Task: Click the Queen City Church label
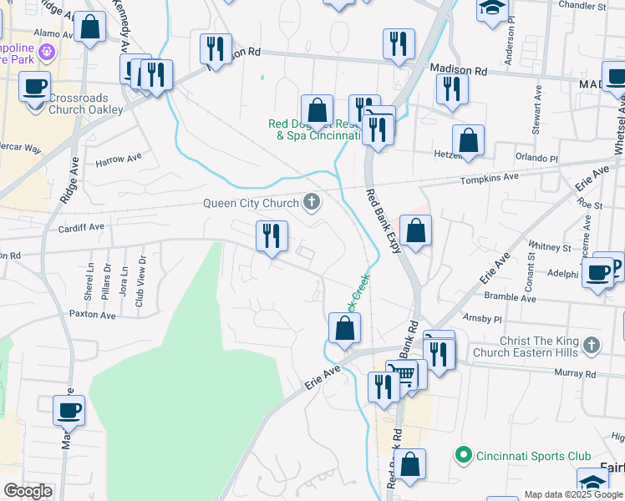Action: [252, 203]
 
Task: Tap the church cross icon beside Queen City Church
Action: [312, 201]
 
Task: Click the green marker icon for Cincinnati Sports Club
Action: [463, 455]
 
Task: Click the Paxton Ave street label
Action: [92, 315]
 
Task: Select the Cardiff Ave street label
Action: [81, 226]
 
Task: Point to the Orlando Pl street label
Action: [536, 158]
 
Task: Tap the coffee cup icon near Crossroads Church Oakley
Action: [34, 86]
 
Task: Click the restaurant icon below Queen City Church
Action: [272, 236]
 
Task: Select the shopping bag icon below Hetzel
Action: [469, 141]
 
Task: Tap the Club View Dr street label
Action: [140, 281]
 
